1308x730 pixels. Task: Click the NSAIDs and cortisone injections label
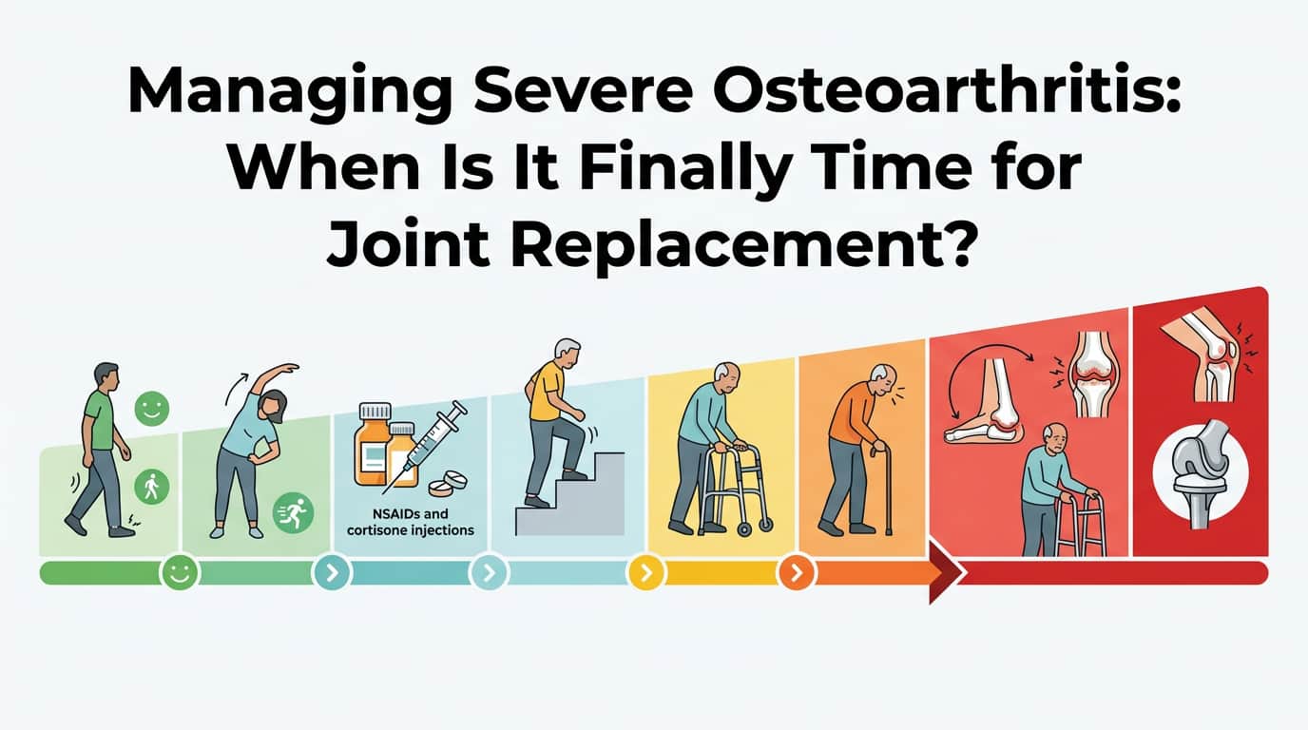[x=411, y=522]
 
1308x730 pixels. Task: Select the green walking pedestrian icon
[x=151, y=488]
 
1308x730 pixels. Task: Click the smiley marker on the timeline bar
[x=179, y=572]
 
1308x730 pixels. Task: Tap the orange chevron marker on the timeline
[x=796, y=572]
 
